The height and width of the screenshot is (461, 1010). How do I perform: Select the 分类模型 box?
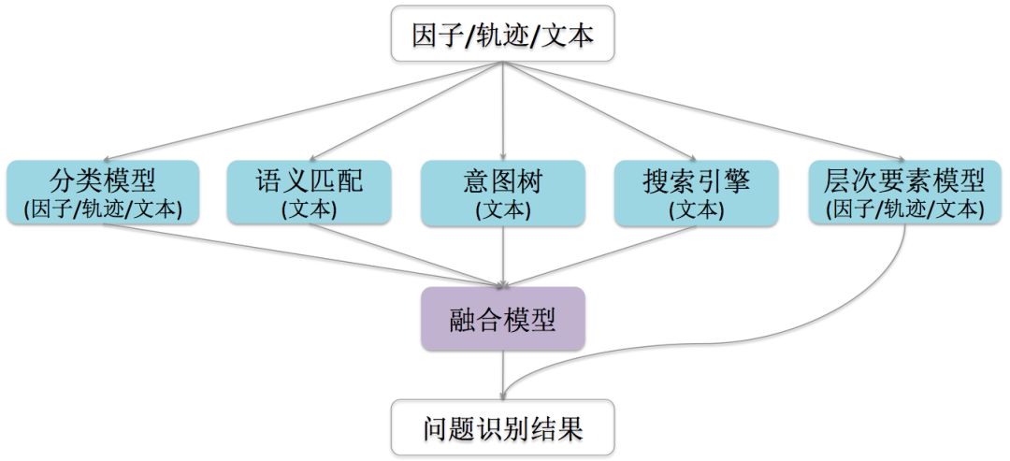coord(103,193)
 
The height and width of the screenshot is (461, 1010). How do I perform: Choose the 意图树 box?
coord(503,193)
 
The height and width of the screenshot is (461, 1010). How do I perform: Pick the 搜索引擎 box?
coord(697,193)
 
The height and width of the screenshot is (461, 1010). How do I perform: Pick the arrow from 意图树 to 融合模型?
coord(503,257)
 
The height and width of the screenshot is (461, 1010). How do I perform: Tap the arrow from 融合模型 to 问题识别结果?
coord(503,369)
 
